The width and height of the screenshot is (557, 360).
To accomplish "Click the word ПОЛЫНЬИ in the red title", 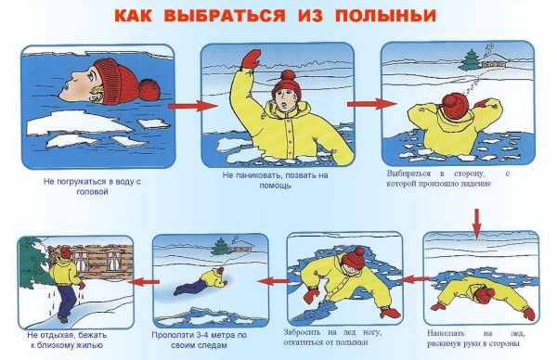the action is click(385, 16).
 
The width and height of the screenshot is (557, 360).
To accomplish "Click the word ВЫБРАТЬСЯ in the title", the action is click(225, 16).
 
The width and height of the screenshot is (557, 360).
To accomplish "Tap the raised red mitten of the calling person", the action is click(251, 59).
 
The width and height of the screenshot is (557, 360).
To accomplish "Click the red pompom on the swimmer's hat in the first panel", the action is click(149, 89).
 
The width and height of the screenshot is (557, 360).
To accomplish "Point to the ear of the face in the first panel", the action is click(97, 93).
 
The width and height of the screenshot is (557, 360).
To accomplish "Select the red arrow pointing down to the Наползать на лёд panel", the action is click(477, 224).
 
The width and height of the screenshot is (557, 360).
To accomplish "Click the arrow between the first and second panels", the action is click(192, 106).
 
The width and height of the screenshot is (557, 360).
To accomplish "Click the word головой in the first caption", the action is click(92, 192).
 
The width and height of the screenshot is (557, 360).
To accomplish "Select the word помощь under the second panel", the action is click(275, 186).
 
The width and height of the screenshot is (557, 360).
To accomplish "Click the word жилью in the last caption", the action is click(90, 345).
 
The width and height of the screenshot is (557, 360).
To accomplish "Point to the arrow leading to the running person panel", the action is click(144, 282).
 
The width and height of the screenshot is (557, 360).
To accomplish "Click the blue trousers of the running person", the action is click(67, 301).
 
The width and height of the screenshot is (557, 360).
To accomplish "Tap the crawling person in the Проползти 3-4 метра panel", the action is click(201, 281).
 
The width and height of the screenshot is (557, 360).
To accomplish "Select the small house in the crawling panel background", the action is click(240, 247).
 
